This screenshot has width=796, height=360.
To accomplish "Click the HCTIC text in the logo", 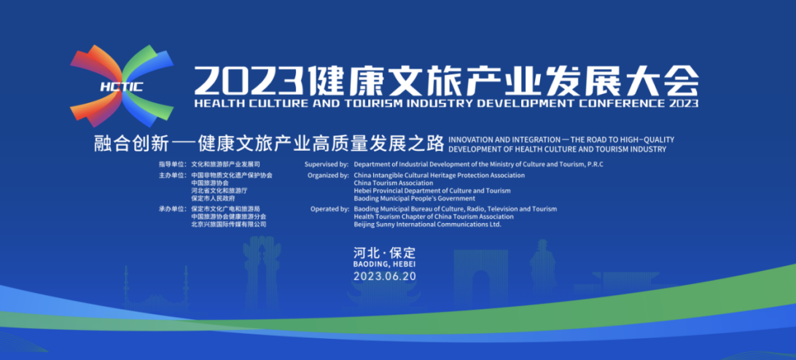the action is point(122,87).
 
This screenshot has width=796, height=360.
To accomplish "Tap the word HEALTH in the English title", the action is point(213,103).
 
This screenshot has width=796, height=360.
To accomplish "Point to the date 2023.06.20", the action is point(384,276).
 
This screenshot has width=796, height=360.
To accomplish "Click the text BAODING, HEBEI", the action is point(384,264).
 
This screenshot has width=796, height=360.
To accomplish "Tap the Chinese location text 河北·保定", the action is point(384,252).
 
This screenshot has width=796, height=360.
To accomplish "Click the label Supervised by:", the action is point(327,165).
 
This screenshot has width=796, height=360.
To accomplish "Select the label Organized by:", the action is point(328,175).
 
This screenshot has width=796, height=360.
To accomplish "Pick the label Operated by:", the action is point(329,208).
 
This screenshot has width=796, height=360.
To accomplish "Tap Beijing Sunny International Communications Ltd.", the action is point(427,224).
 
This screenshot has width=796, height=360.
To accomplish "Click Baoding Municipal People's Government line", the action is point(414,198).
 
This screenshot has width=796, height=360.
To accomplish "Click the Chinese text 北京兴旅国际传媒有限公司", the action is point(228,224).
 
